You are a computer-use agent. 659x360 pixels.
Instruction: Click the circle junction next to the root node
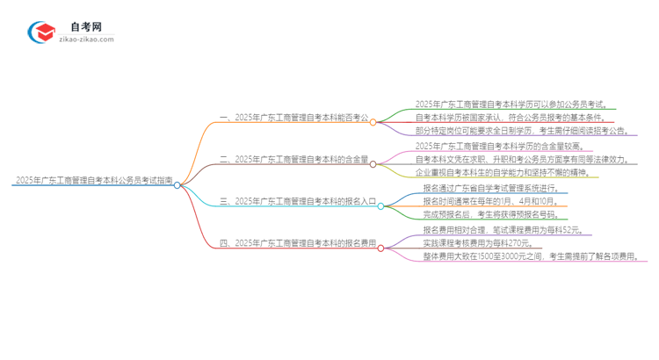[177, 185]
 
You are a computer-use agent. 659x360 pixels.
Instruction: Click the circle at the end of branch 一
[373, 122]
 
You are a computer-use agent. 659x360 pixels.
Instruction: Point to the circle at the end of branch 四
[380, 248]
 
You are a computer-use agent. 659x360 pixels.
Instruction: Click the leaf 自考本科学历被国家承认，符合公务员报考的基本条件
[515, 117]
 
